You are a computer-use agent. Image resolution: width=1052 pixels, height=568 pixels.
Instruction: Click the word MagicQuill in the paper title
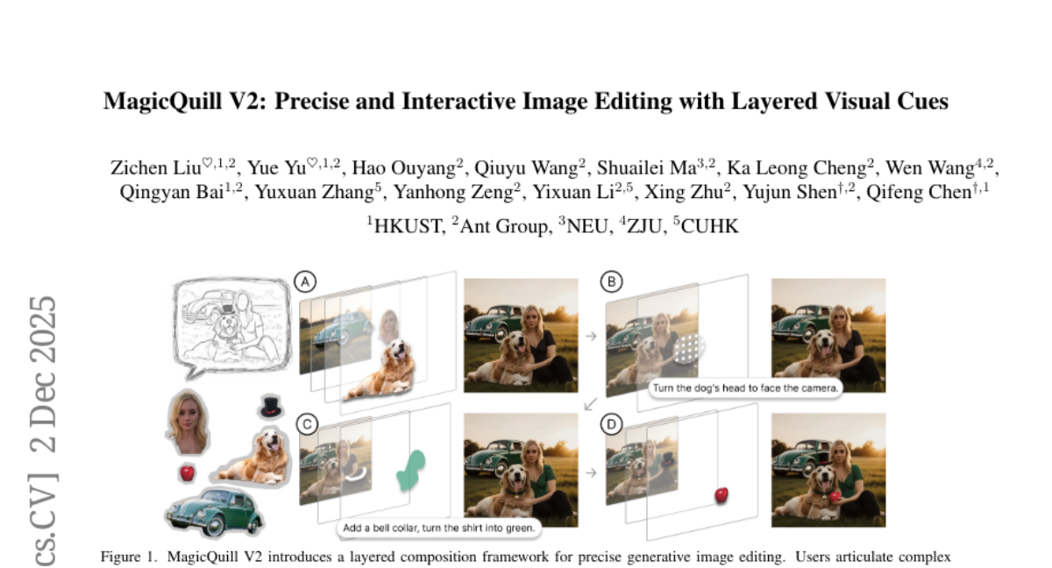click(x=162, y=102)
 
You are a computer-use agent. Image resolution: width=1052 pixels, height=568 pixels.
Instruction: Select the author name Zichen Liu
click(x=156, y=167)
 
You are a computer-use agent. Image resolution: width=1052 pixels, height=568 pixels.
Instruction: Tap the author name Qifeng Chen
click(x=919, y=192)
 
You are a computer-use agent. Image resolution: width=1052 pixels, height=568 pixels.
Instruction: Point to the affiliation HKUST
click(x=409, y=226)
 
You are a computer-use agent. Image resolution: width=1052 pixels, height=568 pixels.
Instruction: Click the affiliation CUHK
click(x=709, y=226)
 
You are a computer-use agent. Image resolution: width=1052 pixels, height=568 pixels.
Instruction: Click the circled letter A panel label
click(x=305, y=282)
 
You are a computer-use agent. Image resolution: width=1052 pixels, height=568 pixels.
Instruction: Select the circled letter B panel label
click(x=612, y=281)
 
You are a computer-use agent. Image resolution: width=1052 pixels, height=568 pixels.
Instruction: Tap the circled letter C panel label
click(x=307, y=424)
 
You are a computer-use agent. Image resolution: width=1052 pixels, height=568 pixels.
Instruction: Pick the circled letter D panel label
click(x=612, y=424)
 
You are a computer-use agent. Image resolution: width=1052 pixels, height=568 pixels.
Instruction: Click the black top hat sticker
click(x=271, y=407)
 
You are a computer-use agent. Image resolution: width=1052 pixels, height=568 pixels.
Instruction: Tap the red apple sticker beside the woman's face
click(x=188, y=472)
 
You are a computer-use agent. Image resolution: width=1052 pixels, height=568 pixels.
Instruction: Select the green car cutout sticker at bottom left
click(x=214, y=512)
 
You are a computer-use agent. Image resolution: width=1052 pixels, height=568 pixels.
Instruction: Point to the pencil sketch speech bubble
click(x=232, y=326)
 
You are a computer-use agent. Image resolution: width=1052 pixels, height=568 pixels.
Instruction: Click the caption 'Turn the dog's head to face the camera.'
click(x=746, y=388)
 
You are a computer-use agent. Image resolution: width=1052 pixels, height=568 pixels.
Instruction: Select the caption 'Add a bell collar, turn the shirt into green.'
click(x=439, y=528)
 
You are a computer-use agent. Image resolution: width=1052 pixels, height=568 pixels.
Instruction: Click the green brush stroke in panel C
click(x=411, y=471)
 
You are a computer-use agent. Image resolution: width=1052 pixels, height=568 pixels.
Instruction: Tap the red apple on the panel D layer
click(x=721, y=496)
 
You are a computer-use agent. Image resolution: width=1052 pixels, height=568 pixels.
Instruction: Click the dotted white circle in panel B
click(x=689, y=348)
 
